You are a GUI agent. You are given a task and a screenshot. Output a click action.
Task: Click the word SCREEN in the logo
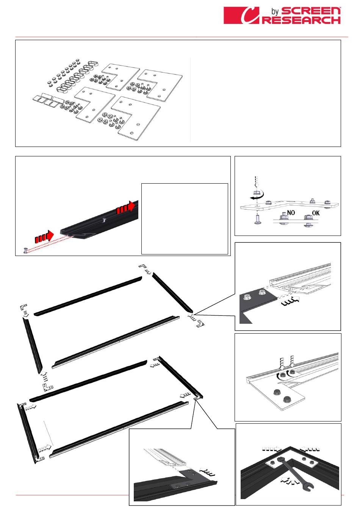pos(311,11)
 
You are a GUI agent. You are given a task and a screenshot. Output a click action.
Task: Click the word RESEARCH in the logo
pos(302,20)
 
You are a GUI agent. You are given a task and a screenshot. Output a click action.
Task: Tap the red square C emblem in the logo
pos(241,15)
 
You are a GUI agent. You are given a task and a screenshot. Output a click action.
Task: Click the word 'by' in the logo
pos(275,11)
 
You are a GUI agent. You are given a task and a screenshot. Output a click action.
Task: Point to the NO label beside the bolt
pos(291,213)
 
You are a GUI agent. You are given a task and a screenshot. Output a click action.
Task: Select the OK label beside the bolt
pos(316,213)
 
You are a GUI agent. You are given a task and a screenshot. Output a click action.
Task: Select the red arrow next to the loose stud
pos(44,237)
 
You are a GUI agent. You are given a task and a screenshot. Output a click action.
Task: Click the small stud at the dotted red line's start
pos(25,251)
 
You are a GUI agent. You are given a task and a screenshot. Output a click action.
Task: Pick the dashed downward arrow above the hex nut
pos(257,182)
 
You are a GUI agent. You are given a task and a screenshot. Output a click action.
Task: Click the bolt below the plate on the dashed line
pos(257,220)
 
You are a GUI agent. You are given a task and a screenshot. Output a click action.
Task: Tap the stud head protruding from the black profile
pos(105,220)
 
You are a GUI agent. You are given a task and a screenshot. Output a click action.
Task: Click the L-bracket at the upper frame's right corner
pos(200,323)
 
